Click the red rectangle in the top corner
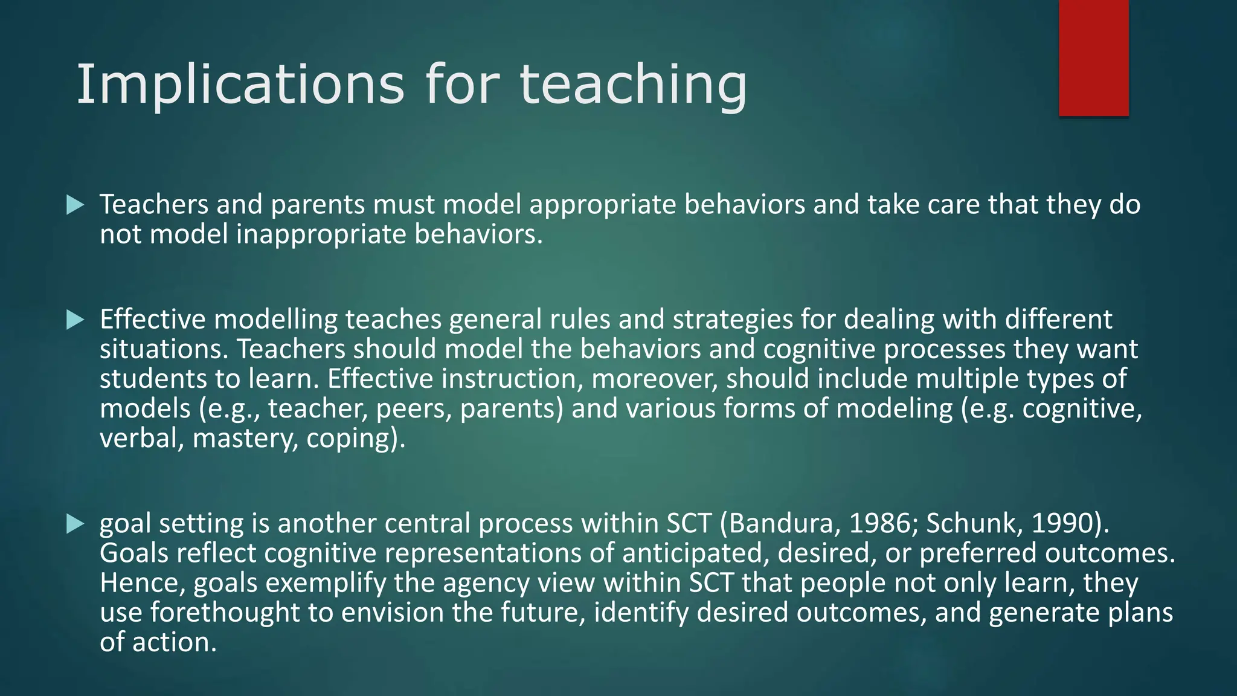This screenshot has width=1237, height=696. (x=1093, y=58)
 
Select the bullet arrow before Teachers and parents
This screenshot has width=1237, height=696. (x=75, y=205)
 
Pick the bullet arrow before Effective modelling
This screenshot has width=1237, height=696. (x=75, y=320)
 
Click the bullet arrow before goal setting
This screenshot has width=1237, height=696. (x=75, y=523)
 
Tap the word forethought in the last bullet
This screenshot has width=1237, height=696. (x=225, y=613)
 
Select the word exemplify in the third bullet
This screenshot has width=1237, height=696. (x=326, y=584)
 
